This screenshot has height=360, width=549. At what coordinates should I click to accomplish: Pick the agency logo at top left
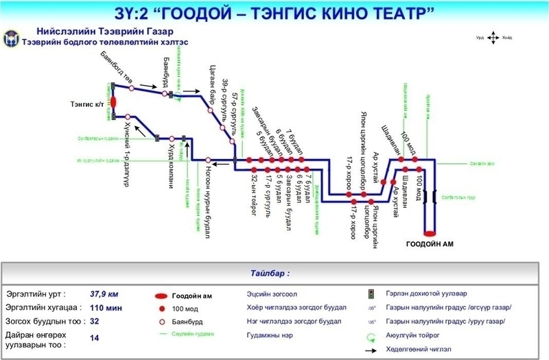tap(12, 40)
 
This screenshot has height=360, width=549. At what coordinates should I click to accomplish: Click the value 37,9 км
tap(104, 293)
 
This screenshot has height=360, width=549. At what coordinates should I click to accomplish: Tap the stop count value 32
tap(95, 320)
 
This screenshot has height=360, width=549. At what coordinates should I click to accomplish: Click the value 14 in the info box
tap(95, 337)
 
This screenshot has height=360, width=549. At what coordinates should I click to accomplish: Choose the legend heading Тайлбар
tap(274, 273)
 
